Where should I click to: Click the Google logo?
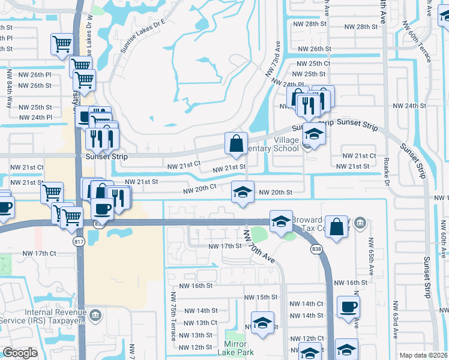click(x=20, y=353)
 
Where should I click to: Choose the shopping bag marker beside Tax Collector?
click(x=338, y=227)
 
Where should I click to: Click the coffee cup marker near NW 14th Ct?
click(x=348, y=307)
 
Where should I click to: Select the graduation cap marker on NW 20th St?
click(x=243, y=192)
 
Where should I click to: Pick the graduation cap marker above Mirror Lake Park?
click(x=262, y=323)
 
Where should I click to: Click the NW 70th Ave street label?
click(x=259, y=247)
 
